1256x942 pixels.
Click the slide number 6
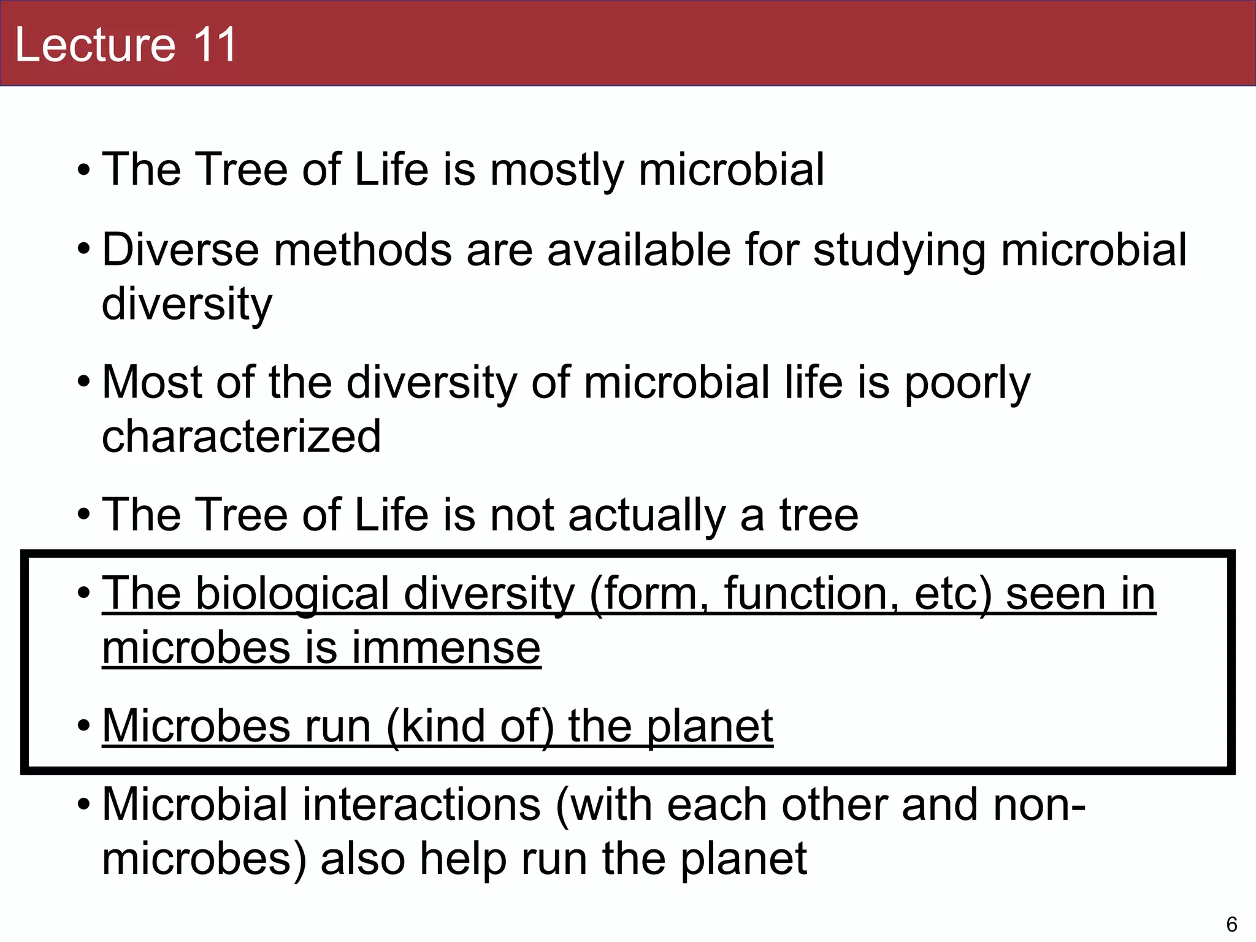point(1231,924)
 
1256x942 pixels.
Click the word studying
point(899,251)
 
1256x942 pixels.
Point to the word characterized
point(241,436)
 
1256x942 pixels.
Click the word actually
point(647,515)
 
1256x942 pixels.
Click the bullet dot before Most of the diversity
point(84,383)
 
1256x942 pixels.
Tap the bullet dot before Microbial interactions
point(84,804)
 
